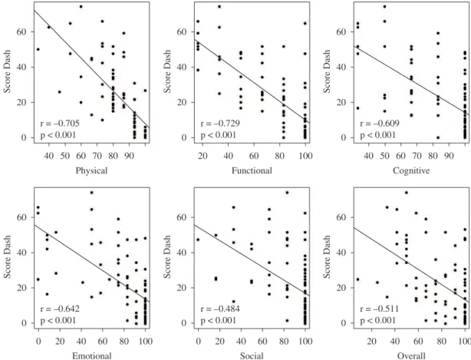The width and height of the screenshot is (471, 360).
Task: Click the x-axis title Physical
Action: click(x=91, y=171)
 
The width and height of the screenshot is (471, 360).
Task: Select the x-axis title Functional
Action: click(x=252, y=170)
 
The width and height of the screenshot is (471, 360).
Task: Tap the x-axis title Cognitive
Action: click(x=411, y=171)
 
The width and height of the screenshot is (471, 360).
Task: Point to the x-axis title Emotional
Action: click(x=91, y=356)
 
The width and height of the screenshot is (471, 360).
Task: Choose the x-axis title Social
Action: click(x=252, y=356)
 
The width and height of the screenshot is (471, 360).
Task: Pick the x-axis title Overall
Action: click(x=411, y=356)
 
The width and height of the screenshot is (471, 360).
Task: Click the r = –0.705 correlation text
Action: click(x=60, y=124)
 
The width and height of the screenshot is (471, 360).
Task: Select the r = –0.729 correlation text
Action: click(x=220, y=124)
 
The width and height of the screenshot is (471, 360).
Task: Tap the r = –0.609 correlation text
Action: click(x=380, y=124)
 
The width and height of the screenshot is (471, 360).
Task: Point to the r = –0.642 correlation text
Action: click(x=60, y=309)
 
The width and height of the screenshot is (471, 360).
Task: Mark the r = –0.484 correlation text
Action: click(x=220, y=309)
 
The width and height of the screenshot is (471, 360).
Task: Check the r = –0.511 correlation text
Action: click(x=380, y=309)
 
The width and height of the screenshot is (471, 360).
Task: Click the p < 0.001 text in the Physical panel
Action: click(x=58, y=135)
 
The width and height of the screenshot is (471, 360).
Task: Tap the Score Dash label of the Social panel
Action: click(x=168, y=256)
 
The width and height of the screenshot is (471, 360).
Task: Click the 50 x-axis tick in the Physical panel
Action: click(x=65, y=156)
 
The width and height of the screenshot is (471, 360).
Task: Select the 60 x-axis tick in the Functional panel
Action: click(x=254, y=156)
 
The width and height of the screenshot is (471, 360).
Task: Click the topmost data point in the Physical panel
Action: click(x=81, y=7)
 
